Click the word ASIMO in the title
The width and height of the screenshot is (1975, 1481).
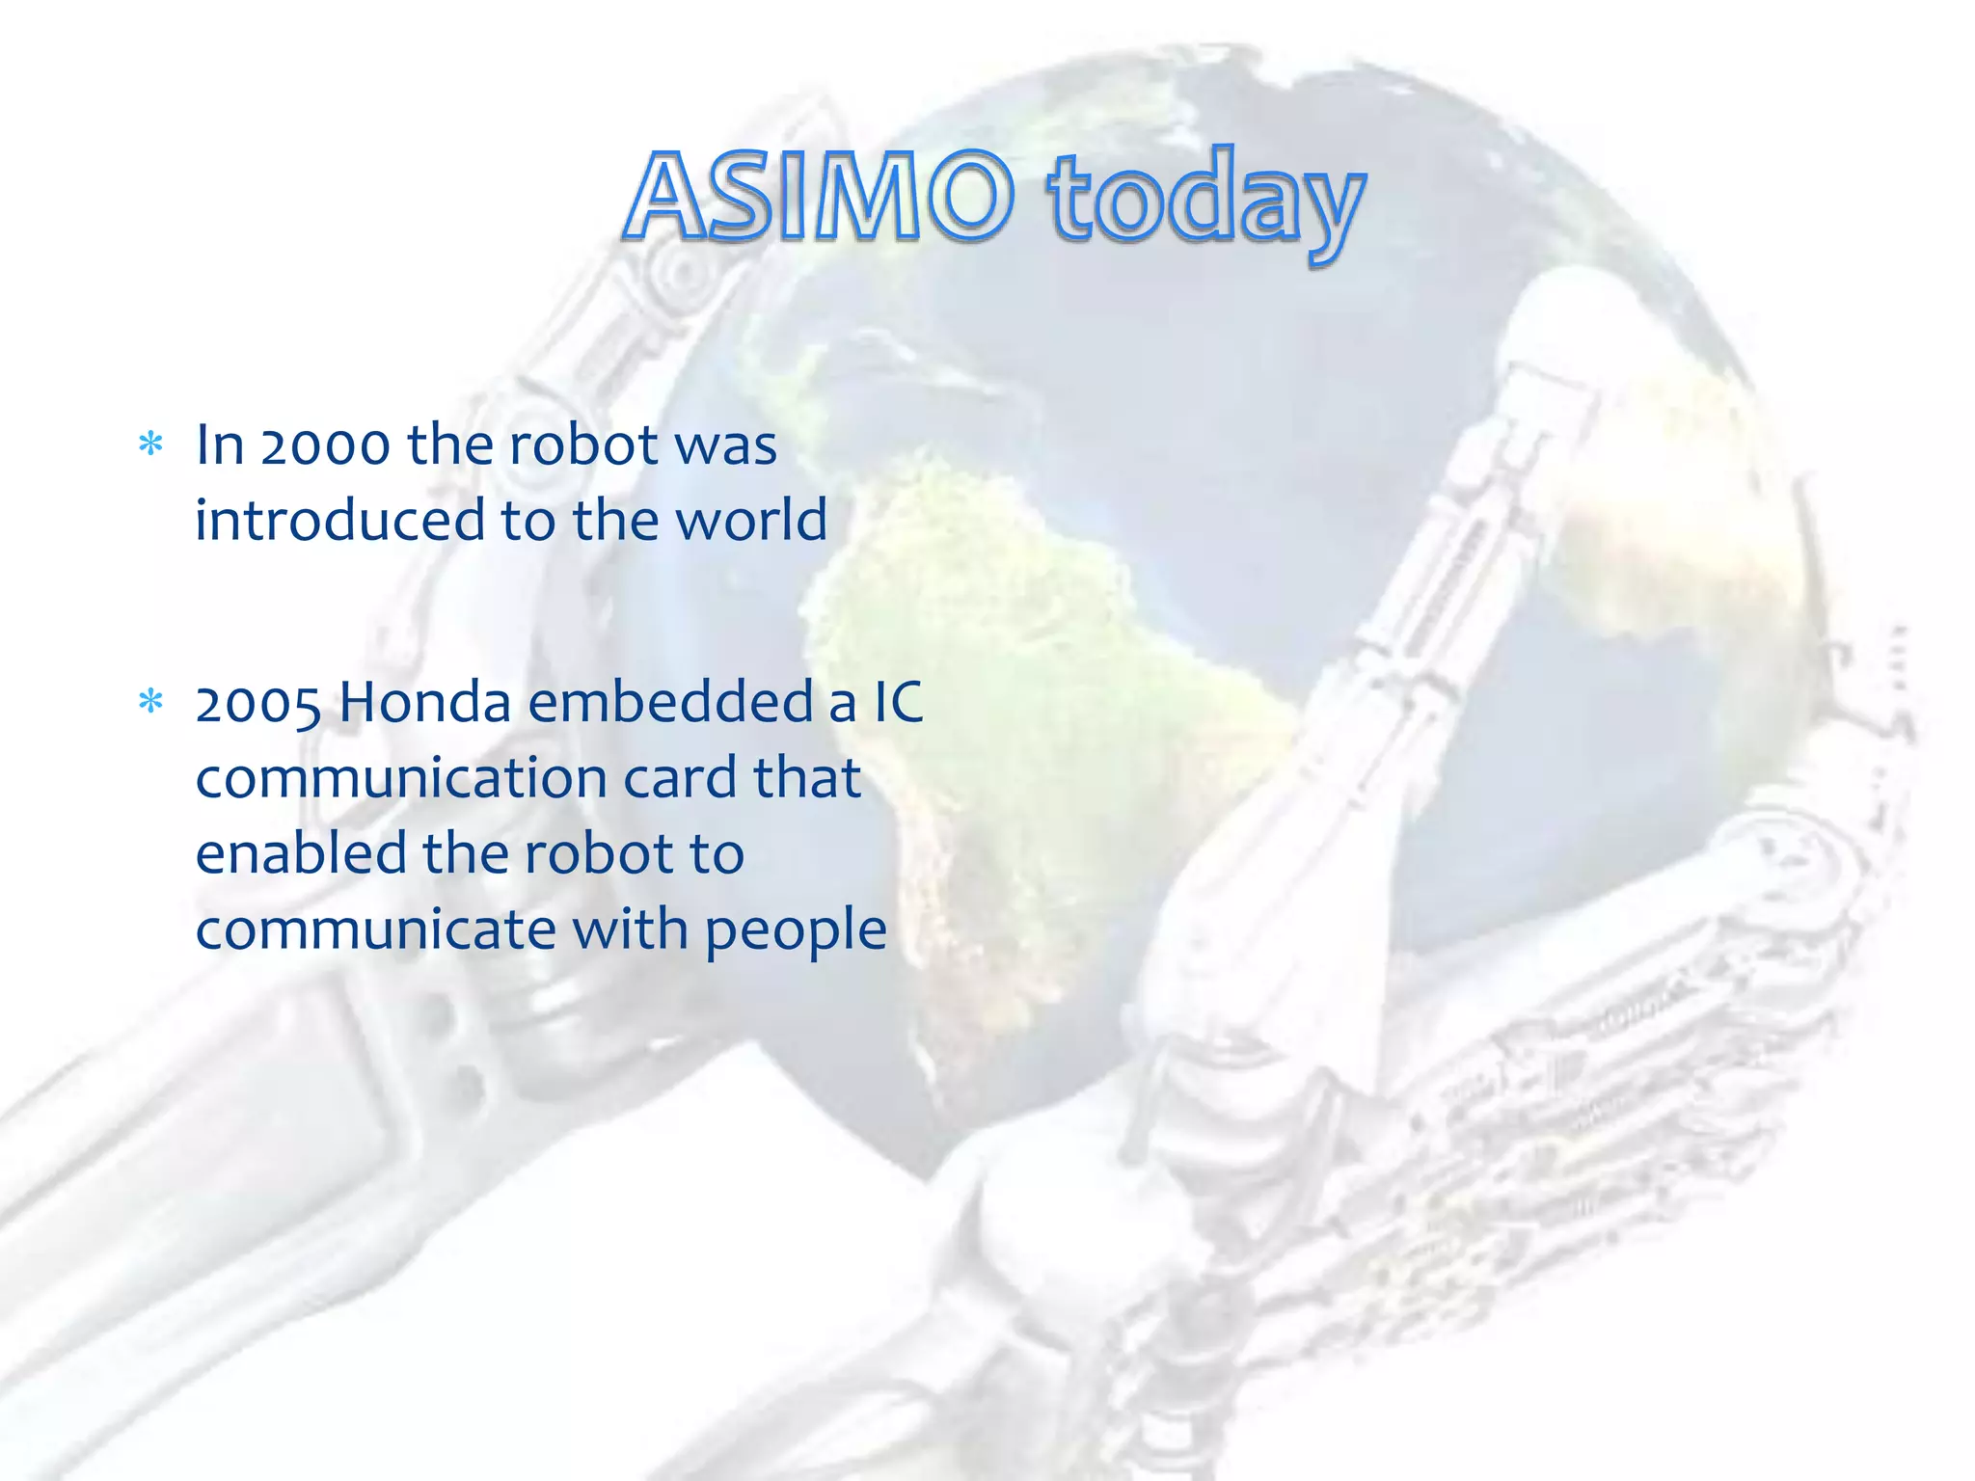click(821, 199)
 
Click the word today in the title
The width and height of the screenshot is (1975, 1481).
click(1206, 202)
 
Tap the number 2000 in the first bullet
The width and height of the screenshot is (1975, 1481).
click(325, 446)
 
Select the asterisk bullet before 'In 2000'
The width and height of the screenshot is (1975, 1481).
click(150, 445)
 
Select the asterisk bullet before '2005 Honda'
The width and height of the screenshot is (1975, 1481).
click(150, 702)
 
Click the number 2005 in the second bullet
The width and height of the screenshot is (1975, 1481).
click(257, 703)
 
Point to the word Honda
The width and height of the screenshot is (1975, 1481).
click(424, 702)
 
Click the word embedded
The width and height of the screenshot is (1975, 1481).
click(670, 702)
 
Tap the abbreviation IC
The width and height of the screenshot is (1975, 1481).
click(898, 702)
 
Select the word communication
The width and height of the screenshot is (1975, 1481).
click(401, 778)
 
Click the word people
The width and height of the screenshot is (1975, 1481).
click(796, 931)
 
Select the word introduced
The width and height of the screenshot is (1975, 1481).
click(339, 521)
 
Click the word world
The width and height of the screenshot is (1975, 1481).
click(751, 521)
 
